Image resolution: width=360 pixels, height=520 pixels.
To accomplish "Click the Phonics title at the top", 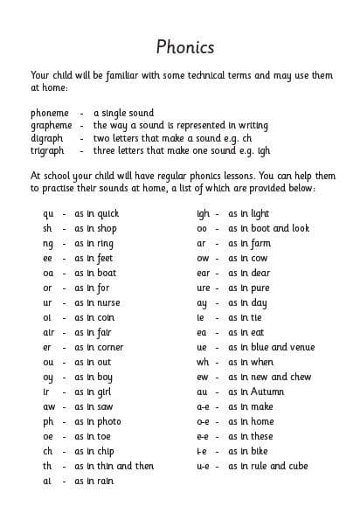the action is [184, 46].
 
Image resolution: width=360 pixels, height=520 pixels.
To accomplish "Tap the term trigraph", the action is [47, 151].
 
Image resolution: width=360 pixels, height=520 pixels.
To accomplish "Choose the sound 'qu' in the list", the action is [48, 214].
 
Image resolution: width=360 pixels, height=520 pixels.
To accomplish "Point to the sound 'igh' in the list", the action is [203, 214].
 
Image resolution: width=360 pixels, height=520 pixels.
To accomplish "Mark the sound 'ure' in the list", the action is [203, 288].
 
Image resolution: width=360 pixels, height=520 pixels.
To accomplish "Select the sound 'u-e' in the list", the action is [203, 466].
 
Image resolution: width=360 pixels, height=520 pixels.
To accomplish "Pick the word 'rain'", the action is [105, 481].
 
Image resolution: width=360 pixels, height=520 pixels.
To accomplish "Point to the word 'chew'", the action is [297, 377].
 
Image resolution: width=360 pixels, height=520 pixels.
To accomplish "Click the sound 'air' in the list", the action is [49, 332].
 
